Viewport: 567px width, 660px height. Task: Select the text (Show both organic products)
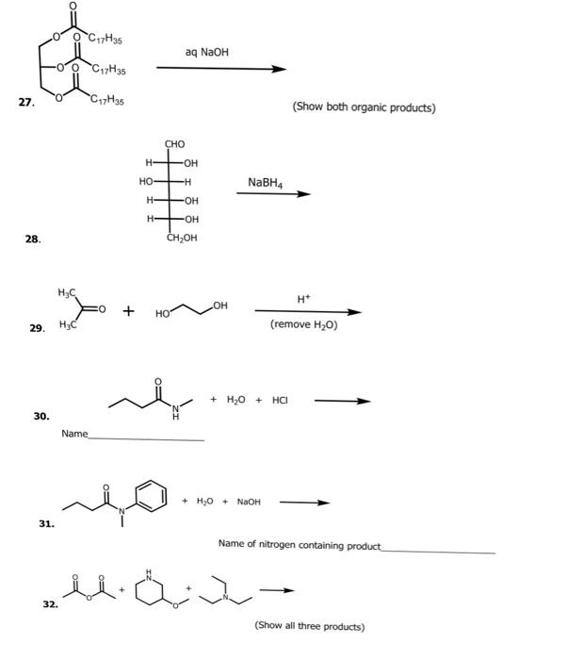[x=364, y=107]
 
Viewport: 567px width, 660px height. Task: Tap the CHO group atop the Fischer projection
[x=175, y=144]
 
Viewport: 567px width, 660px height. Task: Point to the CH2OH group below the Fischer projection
[x=179, y=238]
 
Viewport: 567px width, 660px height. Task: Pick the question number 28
[x=33, y=239]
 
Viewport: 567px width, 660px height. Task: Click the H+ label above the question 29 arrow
[x=302, y=298]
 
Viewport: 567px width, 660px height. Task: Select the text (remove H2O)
[x=303, y=324]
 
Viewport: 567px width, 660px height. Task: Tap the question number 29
[x=37, y=328]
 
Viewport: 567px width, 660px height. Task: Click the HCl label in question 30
[x=280, y=400]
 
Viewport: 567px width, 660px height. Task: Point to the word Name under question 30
[x=74, y=433]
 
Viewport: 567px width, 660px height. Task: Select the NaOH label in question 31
[x=248, y=502]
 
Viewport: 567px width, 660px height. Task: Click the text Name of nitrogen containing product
[x=299, y=544]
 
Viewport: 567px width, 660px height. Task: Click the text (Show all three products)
[x=309, y=626]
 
